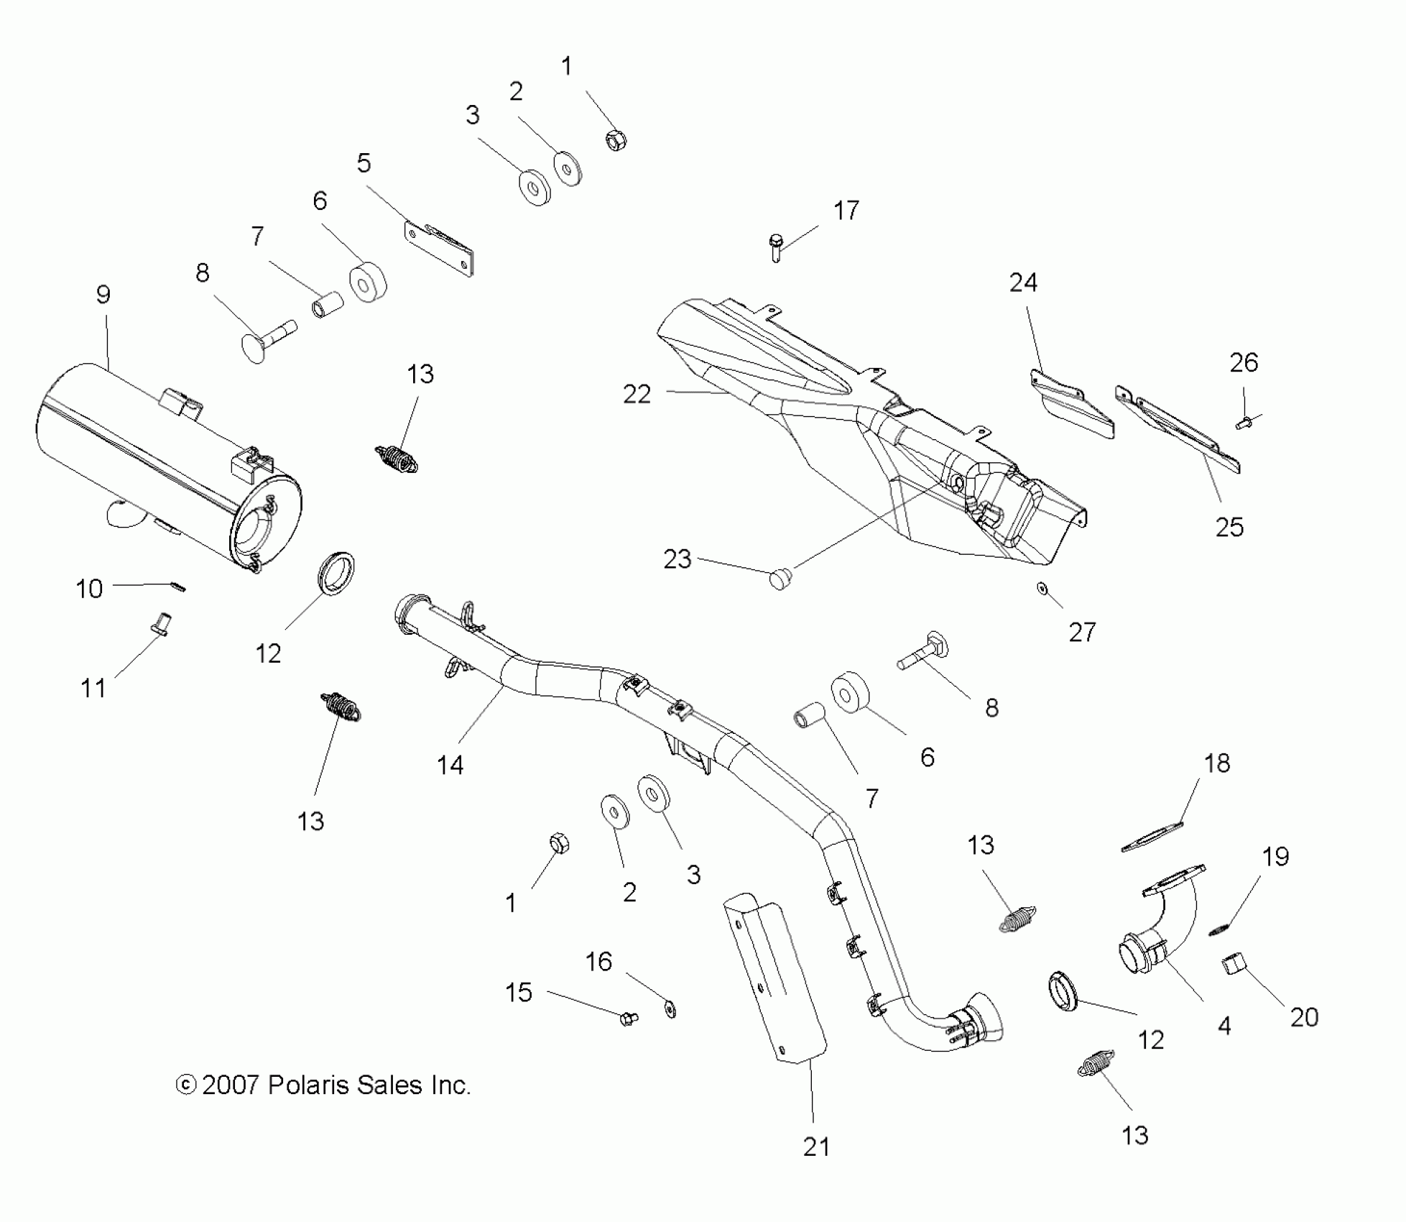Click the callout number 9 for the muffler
[x=103, y=295]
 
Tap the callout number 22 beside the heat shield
[x=637, y=394]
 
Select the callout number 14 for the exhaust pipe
[x=450, y=766]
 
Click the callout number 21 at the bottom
[x=816, y=1147]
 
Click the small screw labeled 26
[x=1243, y=423]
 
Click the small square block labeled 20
[x=1234, y=965]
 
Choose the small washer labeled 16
[x=670, y=1009]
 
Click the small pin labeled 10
[x=180, y=587]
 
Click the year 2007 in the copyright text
[x=230, y=1085]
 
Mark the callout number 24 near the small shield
[x=1023, y=283]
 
